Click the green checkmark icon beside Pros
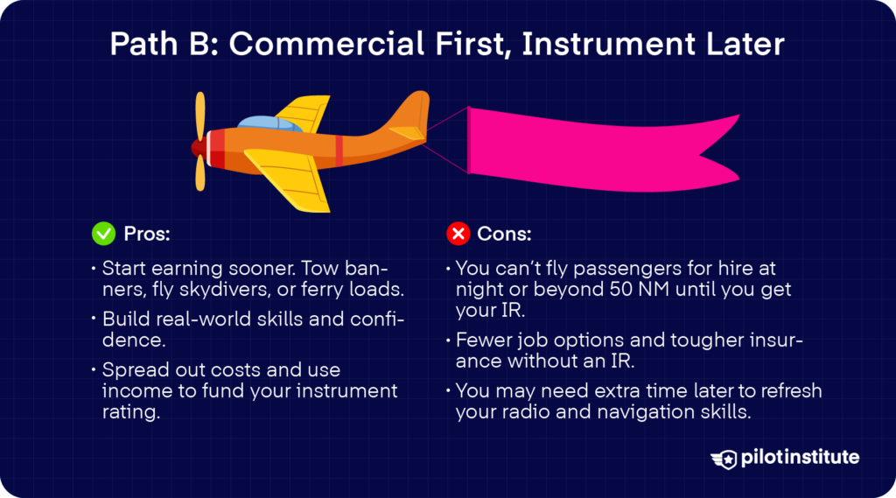click(x=103, y=234)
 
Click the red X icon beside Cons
click(x=458, y=234)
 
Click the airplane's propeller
click(x=200, y=142)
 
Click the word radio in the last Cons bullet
click(x=525, y=410)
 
